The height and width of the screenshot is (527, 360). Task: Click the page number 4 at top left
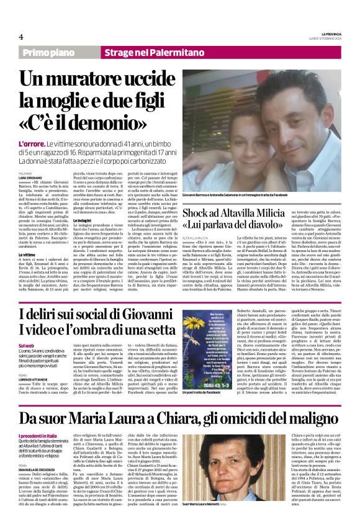click(21, 37)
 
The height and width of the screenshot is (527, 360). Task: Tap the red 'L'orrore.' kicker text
click(32, 143)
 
